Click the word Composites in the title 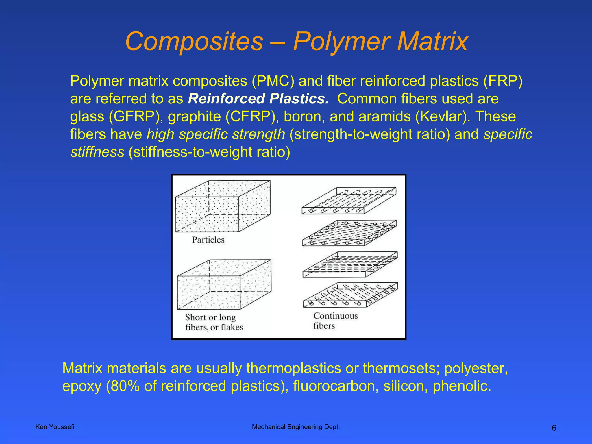click(x=194, y=42)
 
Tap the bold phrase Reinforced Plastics click(x=258, y=99)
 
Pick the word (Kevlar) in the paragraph click(x=440, y=116)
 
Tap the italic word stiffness click(x=97, y=152)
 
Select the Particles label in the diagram click(x=208, y=240)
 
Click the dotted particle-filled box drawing click(x=223, y=206)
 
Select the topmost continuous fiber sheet click(x=349, y=201)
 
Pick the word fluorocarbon click(x=336, y=386)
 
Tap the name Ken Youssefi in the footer click(x=55, y=427)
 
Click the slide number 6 click(x=554, y=428)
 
